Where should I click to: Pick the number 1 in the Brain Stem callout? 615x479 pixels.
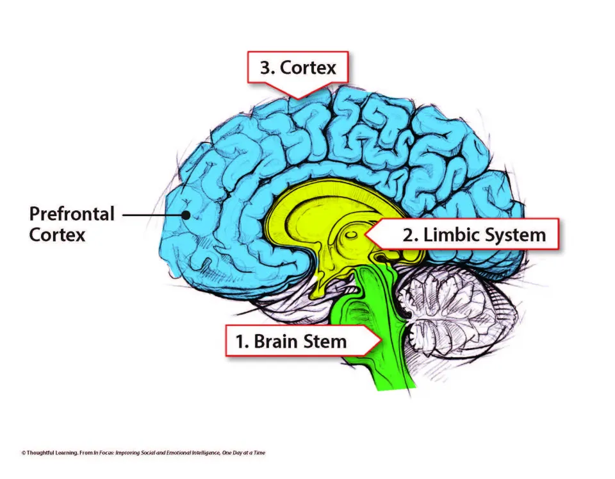coord(241,341)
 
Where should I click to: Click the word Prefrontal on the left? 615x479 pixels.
coord(72,214)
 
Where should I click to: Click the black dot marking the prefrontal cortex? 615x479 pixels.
coord(186,215)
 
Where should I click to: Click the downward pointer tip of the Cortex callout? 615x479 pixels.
coord(296,97)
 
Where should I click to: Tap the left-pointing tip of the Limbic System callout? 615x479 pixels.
coord(367,235)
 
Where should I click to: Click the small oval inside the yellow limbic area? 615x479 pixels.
coord(350,237)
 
